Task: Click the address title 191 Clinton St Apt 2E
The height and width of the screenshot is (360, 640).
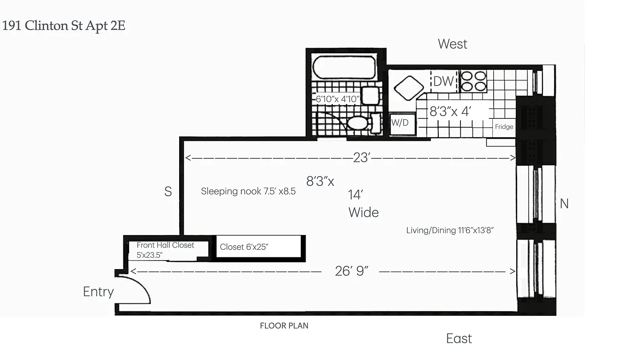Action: click(x=64, y=26)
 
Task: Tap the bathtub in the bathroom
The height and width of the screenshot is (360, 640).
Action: click(x=344, y=67)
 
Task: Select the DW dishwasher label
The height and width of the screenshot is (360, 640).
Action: click(x=443, y=81)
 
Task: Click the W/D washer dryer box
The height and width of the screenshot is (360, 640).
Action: click(x=400, y=122)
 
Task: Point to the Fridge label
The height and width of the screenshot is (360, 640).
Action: click(x=504, y=127)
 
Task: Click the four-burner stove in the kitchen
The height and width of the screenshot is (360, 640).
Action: click(x=473, y=81)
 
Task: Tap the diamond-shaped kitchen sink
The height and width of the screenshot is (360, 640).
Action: click(x=409, y=88)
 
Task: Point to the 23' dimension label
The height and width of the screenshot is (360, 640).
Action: click(x=361, y=158)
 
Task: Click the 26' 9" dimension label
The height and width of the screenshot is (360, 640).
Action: click(x=352, y=271)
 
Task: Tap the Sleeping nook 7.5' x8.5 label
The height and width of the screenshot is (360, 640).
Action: click(x=248, y=191)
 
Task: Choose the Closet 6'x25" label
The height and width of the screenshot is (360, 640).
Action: click(x=244, y=247)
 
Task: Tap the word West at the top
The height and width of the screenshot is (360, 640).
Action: click(x=452, y=44)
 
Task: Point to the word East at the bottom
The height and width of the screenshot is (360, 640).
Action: click(x=459, y=338)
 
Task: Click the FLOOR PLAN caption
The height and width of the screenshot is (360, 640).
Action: click(x=284, y=326)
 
